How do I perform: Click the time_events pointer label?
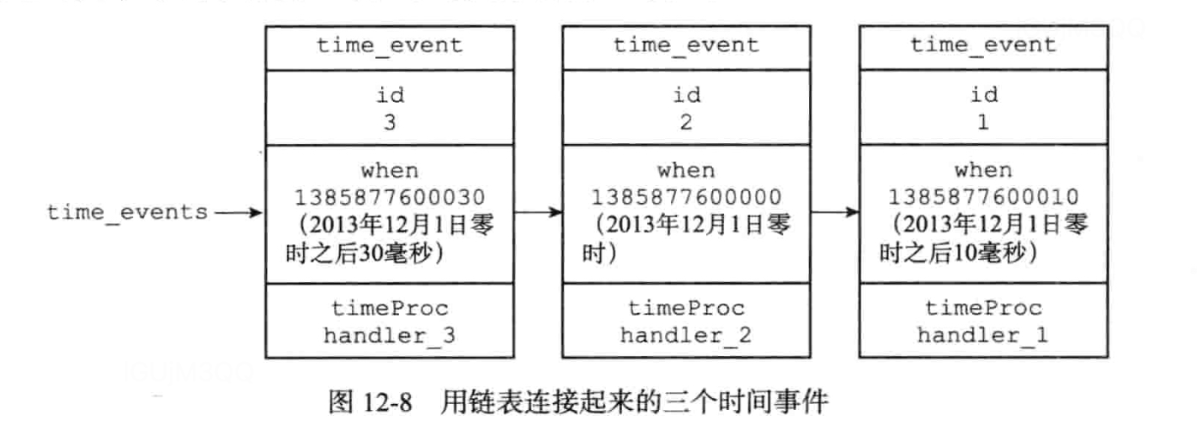[x=126, y=212]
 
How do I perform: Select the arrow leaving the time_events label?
[x=239, y=212]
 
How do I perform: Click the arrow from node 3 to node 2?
[x=538, y=212]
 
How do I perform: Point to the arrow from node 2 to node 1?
[x=834, y=212]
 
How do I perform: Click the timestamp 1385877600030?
[x=390, y=198]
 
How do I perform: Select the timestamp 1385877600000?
[x=686, y=198]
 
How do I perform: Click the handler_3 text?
[x=390, y=335]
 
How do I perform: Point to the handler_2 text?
[x=686, y=335]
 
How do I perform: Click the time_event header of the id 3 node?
[x=390, y=45]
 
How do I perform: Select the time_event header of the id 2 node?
[x=686, y=45]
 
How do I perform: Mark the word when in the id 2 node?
[x=686, y=171]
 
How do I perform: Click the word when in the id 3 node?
[x=390, y=171]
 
